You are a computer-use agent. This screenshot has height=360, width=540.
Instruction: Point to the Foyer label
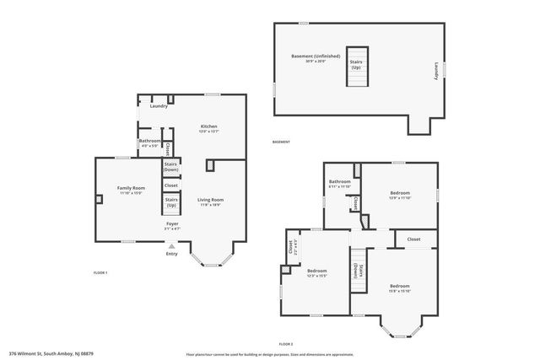(x=171, y=225)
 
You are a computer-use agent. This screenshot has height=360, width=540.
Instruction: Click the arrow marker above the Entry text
(x=171, y=245)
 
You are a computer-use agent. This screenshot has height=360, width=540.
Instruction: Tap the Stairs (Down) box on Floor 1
(x=170, y=166)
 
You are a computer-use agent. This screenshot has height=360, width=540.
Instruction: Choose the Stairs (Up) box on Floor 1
(x=170, y=203)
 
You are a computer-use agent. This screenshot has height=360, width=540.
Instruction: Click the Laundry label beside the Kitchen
(x=158, y=106)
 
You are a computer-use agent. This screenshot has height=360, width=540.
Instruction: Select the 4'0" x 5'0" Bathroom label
(x=149, y=142)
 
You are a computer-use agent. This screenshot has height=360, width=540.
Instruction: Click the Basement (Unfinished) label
(x=316, y=58)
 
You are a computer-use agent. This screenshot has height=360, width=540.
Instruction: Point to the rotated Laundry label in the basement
(x=436, y=72)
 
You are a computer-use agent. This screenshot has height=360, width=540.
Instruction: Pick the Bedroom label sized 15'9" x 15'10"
(x=399, y=287)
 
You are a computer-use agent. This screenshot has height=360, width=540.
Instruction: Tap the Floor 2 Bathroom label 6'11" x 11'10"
(x=340, y=183)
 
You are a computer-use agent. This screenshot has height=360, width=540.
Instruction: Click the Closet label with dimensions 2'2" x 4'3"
(x=291, y=248)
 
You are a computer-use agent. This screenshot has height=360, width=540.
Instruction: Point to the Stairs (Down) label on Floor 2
(x=360, y=271)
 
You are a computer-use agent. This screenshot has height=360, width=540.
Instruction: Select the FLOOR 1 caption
(x=100, y=273)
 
